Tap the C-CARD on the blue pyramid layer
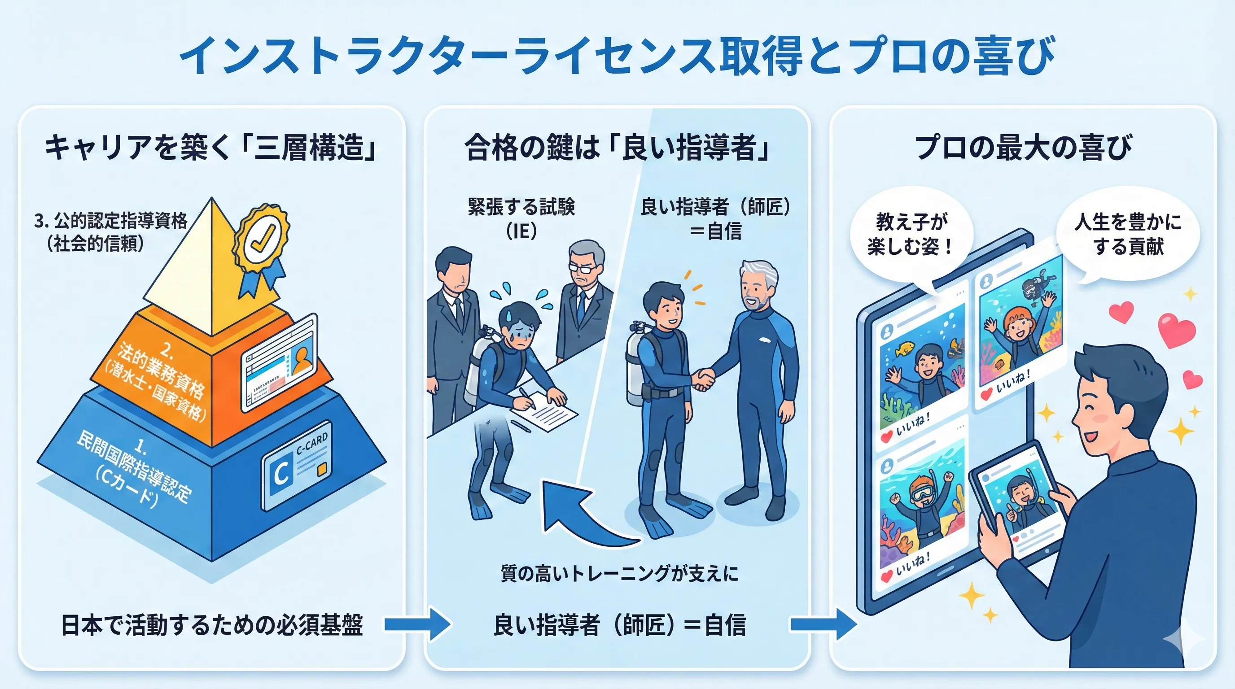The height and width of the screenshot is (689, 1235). (297, 464)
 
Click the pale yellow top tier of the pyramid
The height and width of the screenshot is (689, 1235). (192, 273)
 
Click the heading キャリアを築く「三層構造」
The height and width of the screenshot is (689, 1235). (211, 148)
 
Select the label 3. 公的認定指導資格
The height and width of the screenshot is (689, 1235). (111, 221)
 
